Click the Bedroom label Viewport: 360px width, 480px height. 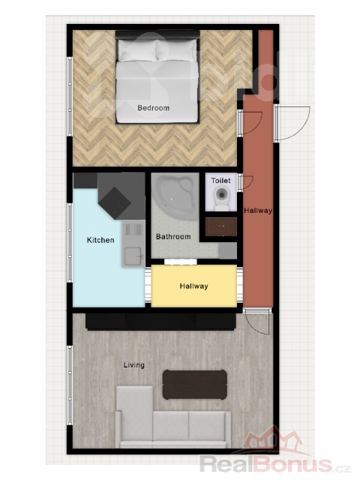153,108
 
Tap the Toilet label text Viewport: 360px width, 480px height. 220,180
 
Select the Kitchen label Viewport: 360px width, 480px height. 100,240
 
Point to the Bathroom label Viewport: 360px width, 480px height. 173,237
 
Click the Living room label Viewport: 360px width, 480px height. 133,365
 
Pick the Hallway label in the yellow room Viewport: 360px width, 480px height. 193,286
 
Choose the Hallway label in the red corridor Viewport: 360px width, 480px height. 258,211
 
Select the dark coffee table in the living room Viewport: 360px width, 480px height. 195,385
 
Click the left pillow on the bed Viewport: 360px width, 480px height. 137,51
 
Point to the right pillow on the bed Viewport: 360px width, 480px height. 177,50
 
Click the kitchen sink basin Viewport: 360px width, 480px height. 133,256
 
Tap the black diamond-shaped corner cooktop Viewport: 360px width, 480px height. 115,203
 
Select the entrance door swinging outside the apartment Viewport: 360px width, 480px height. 292,123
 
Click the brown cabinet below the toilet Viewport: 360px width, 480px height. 220,226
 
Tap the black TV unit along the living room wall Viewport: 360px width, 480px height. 161,322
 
